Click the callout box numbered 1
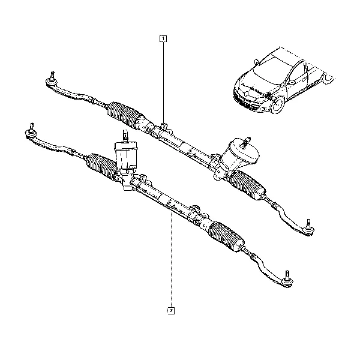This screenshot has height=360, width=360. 163,39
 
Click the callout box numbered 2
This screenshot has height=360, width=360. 171,311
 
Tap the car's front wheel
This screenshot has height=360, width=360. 278,104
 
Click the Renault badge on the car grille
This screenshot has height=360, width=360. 245,94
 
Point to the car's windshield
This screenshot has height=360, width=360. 266,70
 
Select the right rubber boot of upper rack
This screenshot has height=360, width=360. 247,184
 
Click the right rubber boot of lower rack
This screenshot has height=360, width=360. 226,237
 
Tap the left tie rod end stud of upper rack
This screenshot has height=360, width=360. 52,76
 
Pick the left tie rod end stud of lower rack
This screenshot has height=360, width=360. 32,127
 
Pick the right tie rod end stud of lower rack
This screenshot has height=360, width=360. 287,275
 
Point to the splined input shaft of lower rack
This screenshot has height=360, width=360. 125,136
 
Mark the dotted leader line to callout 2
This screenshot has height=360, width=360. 171,260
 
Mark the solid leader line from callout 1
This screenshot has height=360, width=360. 163,83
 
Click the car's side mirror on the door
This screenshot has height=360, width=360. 292,82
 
